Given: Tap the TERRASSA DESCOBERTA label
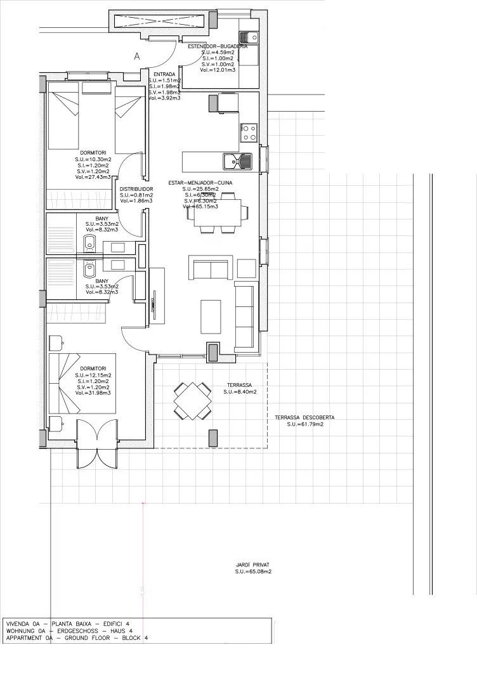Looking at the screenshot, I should click(x=304, y=417).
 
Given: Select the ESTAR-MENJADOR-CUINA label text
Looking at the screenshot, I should click(x=200, y=183).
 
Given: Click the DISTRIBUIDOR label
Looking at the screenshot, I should click(x=136, y=189).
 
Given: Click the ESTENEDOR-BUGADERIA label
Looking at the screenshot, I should click(x=217, y=46).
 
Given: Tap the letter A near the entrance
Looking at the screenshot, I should click(x=136, y=56).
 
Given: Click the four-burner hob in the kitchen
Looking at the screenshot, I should click(x=248, y=132).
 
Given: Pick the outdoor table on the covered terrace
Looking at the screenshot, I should click(x=193, y=401).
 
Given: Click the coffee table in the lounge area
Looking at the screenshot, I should click(x=211, y=316).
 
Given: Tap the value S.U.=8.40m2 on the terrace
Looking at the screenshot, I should click(x=240, y=393).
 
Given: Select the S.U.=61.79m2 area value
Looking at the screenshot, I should click(x=304, y=424).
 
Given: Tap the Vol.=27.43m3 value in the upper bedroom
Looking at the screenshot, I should click(x=93, y=178).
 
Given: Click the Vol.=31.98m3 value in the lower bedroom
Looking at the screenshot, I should click(x=93, y=393).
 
